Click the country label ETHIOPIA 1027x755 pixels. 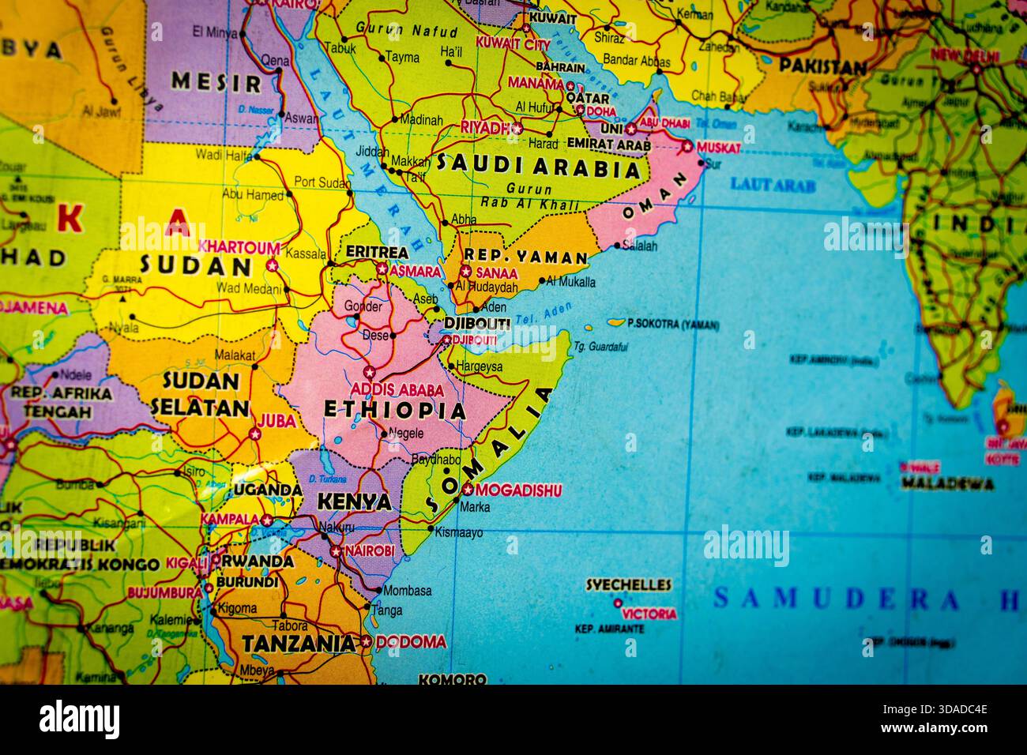tap(395, 410)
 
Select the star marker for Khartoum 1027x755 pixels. tap(273, 266)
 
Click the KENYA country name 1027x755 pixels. tap(354, 502)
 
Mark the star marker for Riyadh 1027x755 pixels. tap(517, 128)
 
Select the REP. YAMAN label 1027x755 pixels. tap(525, 257)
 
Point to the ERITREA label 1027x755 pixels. tap(377, 253)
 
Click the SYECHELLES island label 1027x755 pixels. tap(628, 585)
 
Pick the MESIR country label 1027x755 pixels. tap(216, 83)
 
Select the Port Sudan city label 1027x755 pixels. tap(322, 182)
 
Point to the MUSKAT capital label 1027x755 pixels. tap(719, 148)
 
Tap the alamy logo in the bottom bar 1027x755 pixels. tap(79, 719)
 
